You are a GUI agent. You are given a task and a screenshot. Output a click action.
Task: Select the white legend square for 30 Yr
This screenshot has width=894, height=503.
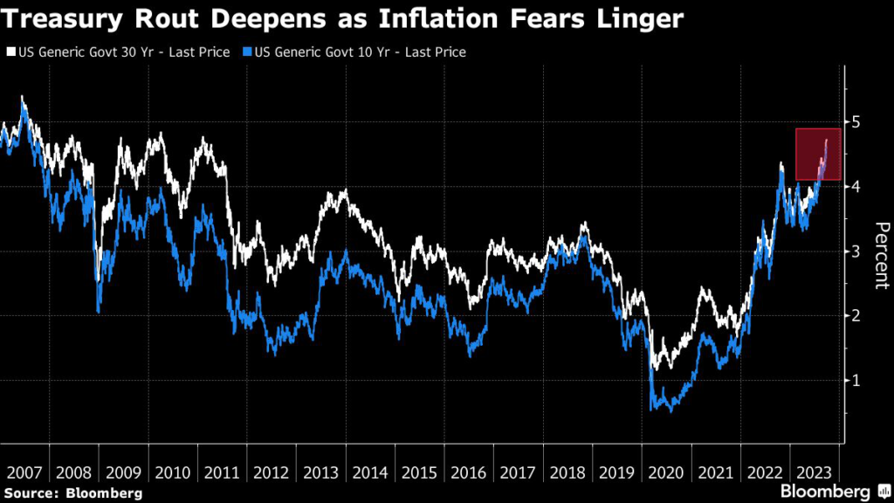10,52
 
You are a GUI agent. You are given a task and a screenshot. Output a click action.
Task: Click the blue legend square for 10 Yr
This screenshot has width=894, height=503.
246,52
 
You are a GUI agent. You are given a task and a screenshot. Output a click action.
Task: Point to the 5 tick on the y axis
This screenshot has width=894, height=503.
856,121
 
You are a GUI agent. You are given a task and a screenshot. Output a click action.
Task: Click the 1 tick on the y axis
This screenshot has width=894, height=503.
856,380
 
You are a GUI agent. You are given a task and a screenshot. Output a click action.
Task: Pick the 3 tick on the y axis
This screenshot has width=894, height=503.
856,251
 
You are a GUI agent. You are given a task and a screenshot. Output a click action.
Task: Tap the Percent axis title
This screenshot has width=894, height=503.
881,253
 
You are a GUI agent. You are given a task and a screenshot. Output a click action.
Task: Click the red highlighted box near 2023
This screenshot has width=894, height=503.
818,155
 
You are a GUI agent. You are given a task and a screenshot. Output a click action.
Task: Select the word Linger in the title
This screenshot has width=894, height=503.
641,17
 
